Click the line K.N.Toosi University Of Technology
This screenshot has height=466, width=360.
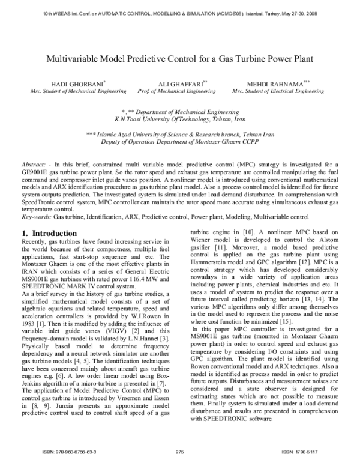[180, 120]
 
